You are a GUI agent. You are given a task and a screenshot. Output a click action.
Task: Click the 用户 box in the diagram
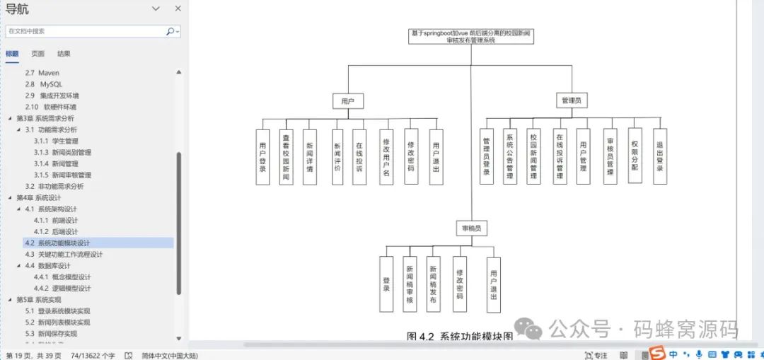click(x=347, y=101)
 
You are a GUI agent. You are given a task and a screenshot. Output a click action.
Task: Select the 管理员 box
click(x=570, y=101)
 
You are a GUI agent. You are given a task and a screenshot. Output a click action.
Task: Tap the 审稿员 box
click(x=471, y=228)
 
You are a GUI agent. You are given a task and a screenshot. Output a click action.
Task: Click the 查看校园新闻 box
click(x=286, y=156)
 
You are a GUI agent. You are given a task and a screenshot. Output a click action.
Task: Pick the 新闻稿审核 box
click(x=410, y=284)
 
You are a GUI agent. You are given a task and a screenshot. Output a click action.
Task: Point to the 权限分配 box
click(x=635, y=156)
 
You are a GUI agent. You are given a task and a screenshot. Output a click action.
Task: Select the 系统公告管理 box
click(x=509, y=156)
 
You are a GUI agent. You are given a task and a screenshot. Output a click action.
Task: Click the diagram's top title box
click(x=471, y=37)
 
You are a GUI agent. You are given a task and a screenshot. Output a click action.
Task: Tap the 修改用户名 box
click(x=386, y=156)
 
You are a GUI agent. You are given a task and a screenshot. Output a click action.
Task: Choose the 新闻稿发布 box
click(x=433, y=284)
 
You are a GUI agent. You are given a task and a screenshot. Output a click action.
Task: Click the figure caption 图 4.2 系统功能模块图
click(x=460, y=336)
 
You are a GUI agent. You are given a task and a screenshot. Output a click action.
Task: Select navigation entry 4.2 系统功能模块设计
click(x=64, y=243)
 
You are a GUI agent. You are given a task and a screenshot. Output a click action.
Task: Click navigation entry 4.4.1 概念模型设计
click(x=62, y=277)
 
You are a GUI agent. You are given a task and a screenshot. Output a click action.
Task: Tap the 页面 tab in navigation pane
click(x=37, y=54)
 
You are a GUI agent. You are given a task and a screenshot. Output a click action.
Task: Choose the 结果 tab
click(x=64, y=54)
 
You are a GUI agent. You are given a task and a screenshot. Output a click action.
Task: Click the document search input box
click(x=85, y=31)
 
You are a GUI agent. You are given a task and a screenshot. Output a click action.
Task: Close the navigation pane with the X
click(x=178, y=8)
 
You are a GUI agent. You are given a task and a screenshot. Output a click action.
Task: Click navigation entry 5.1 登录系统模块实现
click(x=57, y=310)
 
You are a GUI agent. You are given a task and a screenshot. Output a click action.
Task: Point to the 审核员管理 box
click(x=610, y=156)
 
